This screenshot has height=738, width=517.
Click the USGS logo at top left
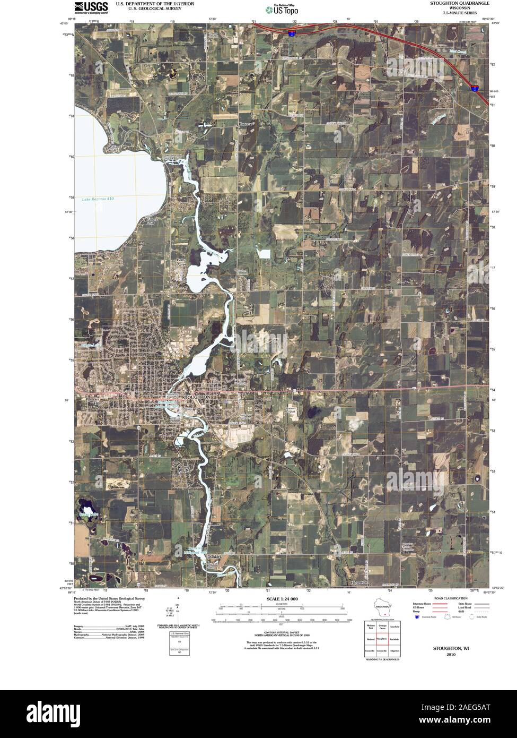(91, 7)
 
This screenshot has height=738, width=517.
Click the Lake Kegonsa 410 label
(98, 199)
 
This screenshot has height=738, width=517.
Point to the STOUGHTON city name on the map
(196, 397)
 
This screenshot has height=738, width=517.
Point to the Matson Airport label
(290, 410)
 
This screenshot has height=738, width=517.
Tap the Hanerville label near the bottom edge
(359, 583)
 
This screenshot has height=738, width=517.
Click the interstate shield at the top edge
(291, 33)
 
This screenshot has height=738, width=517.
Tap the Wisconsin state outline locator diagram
(382, 607)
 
